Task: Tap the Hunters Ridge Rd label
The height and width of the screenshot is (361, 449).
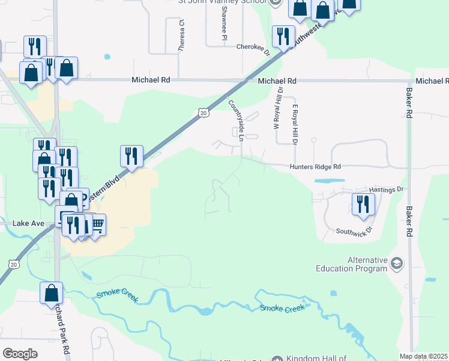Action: (x=315, y=167)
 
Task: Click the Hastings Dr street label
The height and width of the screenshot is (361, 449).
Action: (x=385, y=190)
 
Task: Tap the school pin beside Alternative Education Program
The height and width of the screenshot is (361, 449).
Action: (x=397, y=264)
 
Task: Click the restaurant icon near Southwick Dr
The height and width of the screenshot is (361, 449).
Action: (x=363, y=203)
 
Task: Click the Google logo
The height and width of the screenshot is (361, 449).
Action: (x=20, y=354)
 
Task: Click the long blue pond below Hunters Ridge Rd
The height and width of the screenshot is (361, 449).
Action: (x=329, y=180)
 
